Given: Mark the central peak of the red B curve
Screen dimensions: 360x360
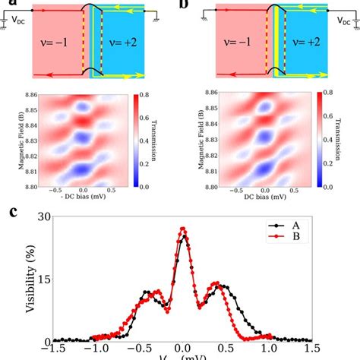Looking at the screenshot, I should click(182, 228).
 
